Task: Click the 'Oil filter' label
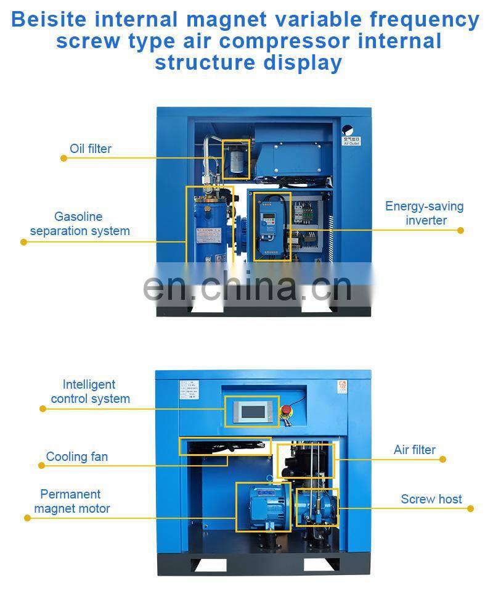pos(91,149)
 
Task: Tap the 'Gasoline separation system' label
pos(79,224)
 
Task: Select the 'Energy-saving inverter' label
pos(425,213)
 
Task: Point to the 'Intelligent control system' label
pos(90,392)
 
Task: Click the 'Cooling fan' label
pos(77,457)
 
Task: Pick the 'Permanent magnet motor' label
pos(71,502)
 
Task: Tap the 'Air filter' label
pos(415,450)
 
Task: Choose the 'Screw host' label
pos(431,499)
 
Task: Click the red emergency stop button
pos(286,410)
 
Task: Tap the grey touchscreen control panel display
pos(252,411)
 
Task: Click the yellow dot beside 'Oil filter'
pos(63,159)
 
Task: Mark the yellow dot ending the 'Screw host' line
pos(471,509)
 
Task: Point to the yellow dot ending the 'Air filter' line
pos(442,459)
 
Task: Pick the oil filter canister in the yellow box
pos(235,159)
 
